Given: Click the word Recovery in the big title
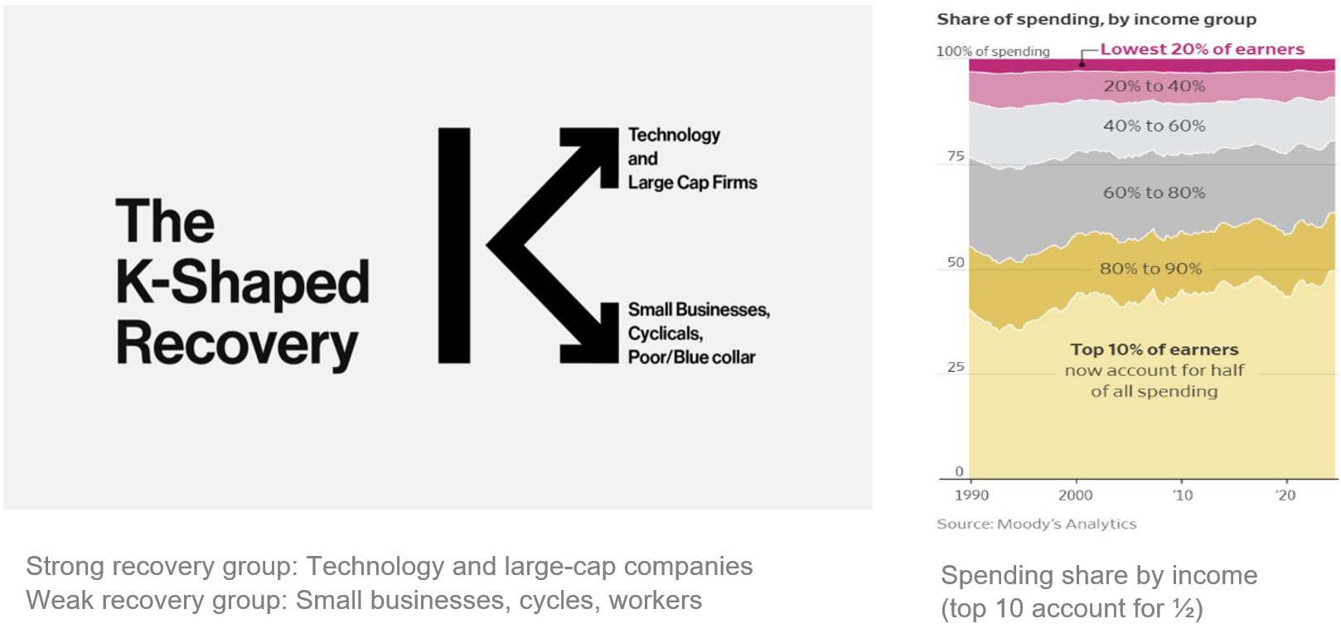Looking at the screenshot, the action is click(x=237, y=344).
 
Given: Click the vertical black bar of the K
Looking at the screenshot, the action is click(x=454, y=245).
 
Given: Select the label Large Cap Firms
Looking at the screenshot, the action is click(x=693, y=182).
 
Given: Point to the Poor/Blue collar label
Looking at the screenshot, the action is click(x=691, y=357).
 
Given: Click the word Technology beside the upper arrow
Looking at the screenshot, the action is click(x=674, y=135).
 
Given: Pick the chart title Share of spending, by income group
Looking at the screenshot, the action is click(x=1097, y=20).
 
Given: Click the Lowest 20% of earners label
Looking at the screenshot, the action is click(x=1202, y=49).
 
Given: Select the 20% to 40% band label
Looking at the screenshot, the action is click(x=1155, y=86).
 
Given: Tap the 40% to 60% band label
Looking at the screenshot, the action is click(x=1155, y=126).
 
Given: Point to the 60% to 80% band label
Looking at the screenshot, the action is click(x=1155, y=193).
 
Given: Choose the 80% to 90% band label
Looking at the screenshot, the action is click(x=1150, y=268).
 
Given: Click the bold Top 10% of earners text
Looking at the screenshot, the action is click(x=1155, y=350).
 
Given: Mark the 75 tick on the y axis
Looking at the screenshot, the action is click(x=956, y=157).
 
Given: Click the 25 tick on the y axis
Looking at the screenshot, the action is click(x=956, y=367).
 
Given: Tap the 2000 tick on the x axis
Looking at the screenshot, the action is click(x=1075, y=496).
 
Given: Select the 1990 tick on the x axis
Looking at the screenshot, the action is click(x=971, y=496).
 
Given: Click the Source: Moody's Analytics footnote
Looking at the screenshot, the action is click(x=1036, y=525).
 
